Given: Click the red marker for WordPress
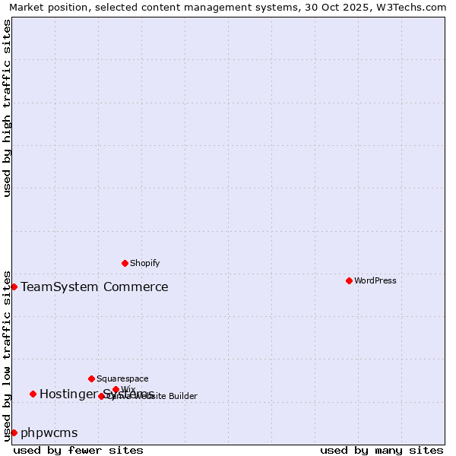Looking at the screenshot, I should (x=349, y=280).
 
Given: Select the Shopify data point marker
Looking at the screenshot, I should (x=125, y=263).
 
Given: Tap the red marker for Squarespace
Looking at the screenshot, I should (x=91, y=378).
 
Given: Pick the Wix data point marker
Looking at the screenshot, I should (x=116, y=389).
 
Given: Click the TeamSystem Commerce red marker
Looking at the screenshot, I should (x=14, y=287).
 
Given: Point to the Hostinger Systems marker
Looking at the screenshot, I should (x=33, y=394).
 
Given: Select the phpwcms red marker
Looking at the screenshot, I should (x=14, y=432).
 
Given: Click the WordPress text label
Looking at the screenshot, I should (x=375, y=280).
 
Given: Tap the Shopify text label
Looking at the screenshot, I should (x=145, y=263).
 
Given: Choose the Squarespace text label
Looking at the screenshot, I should (x=123, y=378).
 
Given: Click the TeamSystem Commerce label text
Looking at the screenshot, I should (x=94, y=287).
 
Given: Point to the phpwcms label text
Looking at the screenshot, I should (x=49, y=432).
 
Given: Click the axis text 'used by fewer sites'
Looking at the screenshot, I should (x=78, y=450).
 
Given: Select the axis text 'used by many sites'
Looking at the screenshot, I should (x=382, y=450).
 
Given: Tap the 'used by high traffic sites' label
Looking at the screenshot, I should (x=8, y=108).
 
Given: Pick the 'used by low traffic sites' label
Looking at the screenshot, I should (x=8, y=355).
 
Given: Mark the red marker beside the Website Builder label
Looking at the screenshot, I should (x=101, y=396).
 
